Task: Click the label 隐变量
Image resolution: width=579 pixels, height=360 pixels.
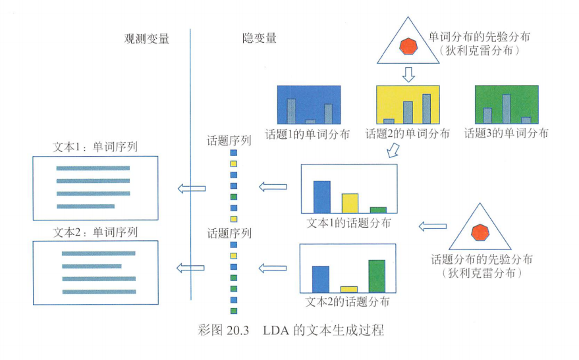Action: coord(259,38)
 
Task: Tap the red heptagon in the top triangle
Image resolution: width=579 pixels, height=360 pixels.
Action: coord(408,46)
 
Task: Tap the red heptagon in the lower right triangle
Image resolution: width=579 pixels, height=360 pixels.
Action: coord(480,233)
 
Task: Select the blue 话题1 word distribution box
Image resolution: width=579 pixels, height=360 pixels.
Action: coord(309,105)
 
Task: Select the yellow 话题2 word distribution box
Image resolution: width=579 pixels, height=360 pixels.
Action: coord(407,105)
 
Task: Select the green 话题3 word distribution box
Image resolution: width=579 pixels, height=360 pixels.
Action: coord(506,105)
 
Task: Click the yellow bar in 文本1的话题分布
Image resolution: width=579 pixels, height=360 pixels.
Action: coord(350,203)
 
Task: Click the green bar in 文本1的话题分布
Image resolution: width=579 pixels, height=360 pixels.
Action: coord(377,209)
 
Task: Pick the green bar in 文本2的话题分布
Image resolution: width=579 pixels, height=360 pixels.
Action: coord(376,276)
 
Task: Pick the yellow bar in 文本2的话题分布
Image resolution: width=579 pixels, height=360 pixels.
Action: coord(348,289)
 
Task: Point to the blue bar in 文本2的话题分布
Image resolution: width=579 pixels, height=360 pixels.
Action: coord(320,278)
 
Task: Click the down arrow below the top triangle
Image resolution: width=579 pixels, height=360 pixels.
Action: coord(408,74)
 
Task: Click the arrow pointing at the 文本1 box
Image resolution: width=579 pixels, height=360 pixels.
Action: coord(191,189)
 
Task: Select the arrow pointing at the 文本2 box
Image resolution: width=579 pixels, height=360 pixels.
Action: coord(191,267)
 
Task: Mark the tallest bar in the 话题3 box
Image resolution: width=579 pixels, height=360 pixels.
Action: coord(506,109)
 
